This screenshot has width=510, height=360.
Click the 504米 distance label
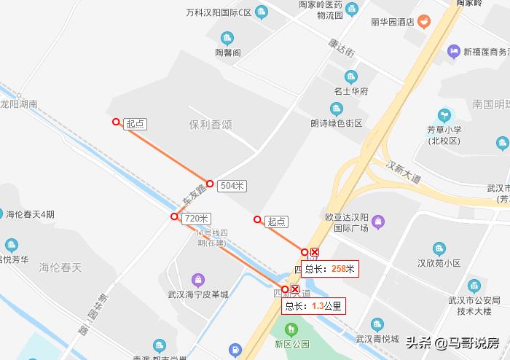click(232, 186)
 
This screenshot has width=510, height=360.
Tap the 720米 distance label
click(197, 219)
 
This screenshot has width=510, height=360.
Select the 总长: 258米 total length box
click(330, 269)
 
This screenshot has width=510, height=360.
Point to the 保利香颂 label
click(210, 125)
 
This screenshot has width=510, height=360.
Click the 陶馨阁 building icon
click(227, 38)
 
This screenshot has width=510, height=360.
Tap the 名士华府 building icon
click(351, 77)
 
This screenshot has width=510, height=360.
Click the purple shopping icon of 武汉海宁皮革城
click(197, 279)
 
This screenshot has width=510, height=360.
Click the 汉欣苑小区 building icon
click(439, 249)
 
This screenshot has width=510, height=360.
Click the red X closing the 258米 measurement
click(314, 252)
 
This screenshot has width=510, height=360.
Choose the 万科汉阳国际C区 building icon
click(261, 12)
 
